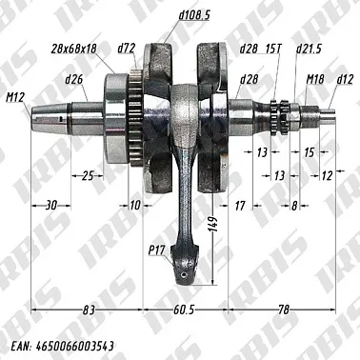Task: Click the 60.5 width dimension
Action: coord(184,311)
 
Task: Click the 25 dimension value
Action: coord(87,175)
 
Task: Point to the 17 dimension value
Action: coord(240,204)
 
